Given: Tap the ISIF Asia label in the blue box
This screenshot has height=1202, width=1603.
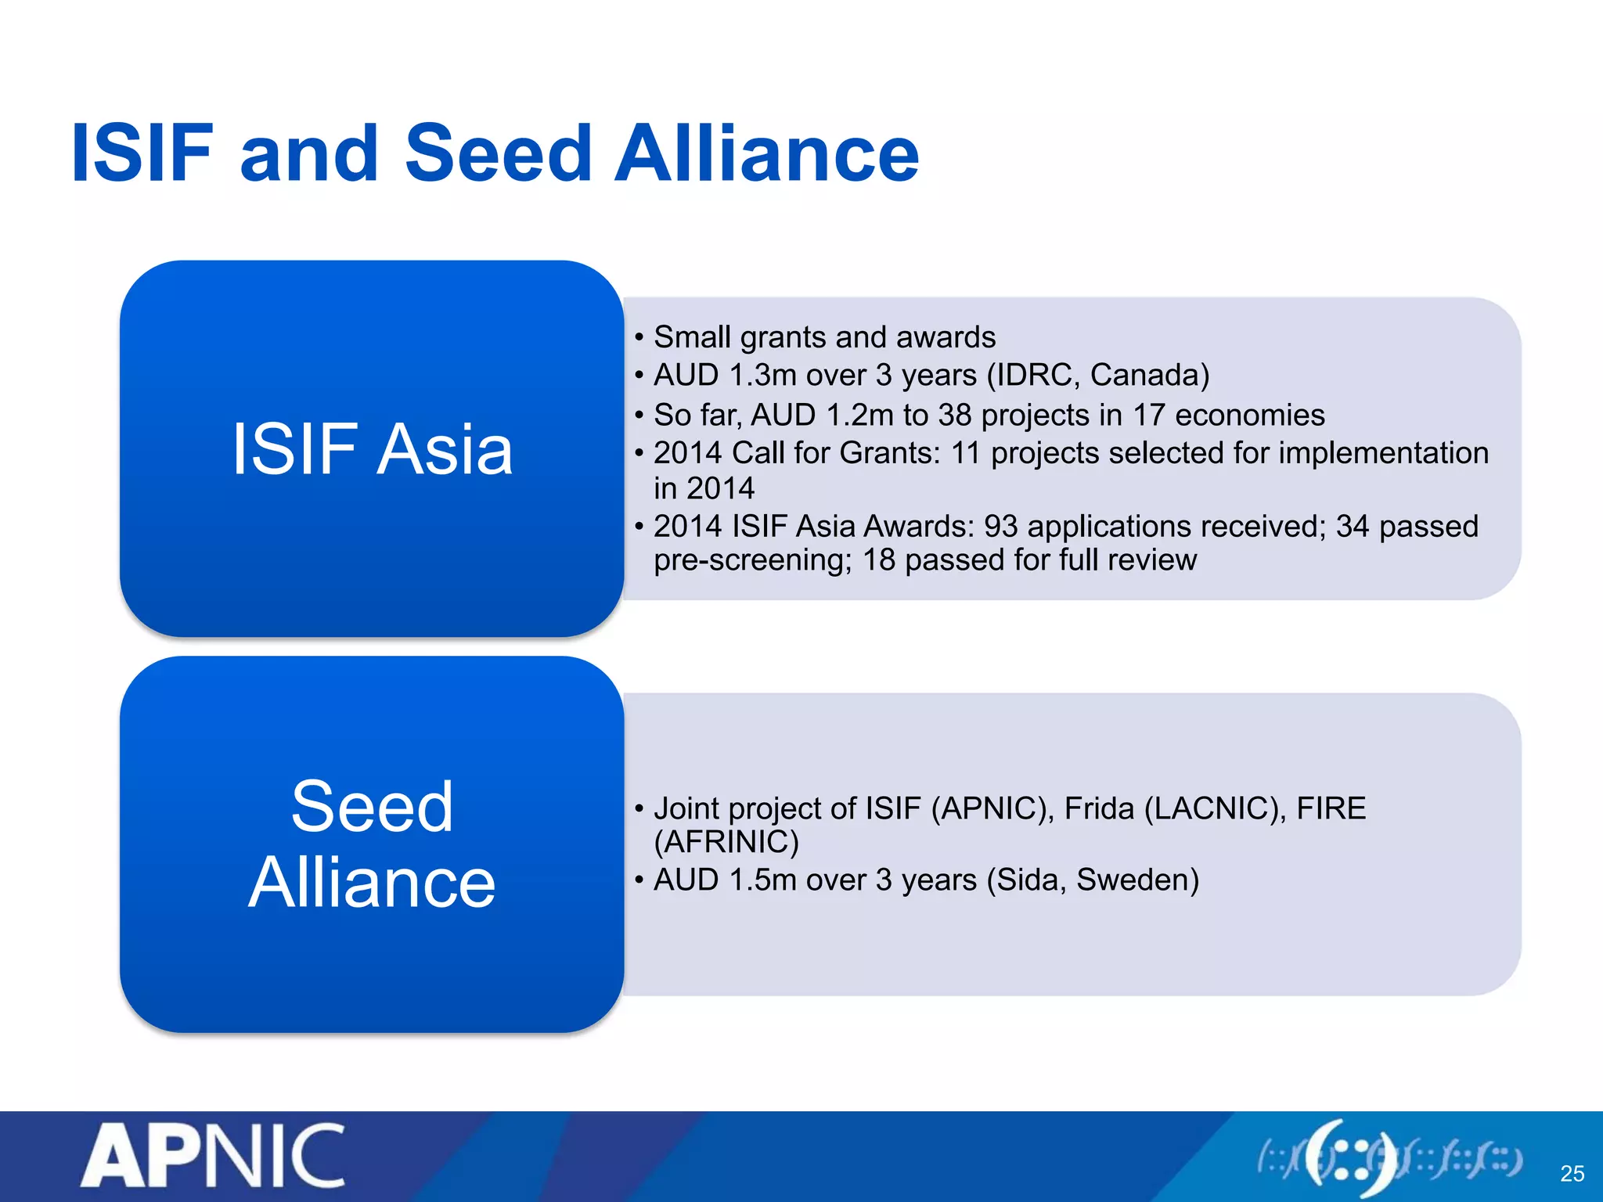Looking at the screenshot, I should [372, 448].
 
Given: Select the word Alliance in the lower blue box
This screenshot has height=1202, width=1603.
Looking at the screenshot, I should [372, 883].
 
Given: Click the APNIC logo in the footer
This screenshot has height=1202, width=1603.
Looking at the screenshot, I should [212, 1157].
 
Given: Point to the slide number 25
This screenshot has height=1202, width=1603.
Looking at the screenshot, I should [1572, 1173].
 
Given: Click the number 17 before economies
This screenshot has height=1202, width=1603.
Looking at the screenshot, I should [1149, 415].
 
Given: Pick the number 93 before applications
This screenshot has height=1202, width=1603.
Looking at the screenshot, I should [1000, 526].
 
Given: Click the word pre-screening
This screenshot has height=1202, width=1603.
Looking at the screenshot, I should [752, 560].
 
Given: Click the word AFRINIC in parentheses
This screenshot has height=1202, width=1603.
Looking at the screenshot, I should [726, 843].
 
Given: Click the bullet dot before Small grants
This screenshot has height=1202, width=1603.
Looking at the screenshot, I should [639, 338].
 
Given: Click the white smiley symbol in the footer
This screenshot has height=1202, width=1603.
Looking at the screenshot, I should [1349, 1157].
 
